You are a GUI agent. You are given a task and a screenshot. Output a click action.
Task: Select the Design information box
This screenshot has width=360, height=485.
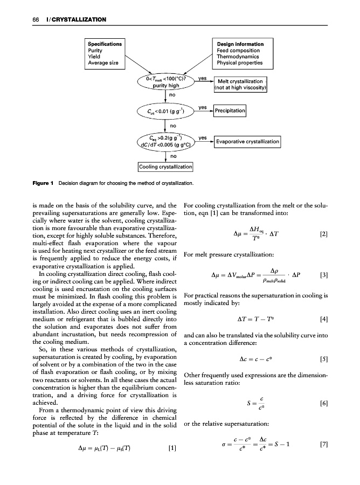238,53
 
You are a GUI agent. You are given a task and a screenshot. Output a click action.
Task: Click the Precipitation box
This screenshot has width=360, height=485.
230,111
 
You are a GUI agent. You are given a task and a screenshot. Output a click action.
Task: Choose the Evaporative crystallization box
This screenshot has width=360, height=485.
247,142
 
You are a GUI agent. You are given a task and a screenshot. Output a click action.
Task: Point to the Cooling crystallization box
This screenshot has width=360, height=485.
166,167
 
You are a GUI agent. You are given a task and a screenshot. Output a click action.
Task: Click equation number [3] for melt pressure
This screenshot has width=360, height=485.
323,275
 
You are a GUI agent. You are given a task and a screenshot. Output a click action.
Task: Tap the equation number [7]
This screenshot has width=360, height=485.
323,447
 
